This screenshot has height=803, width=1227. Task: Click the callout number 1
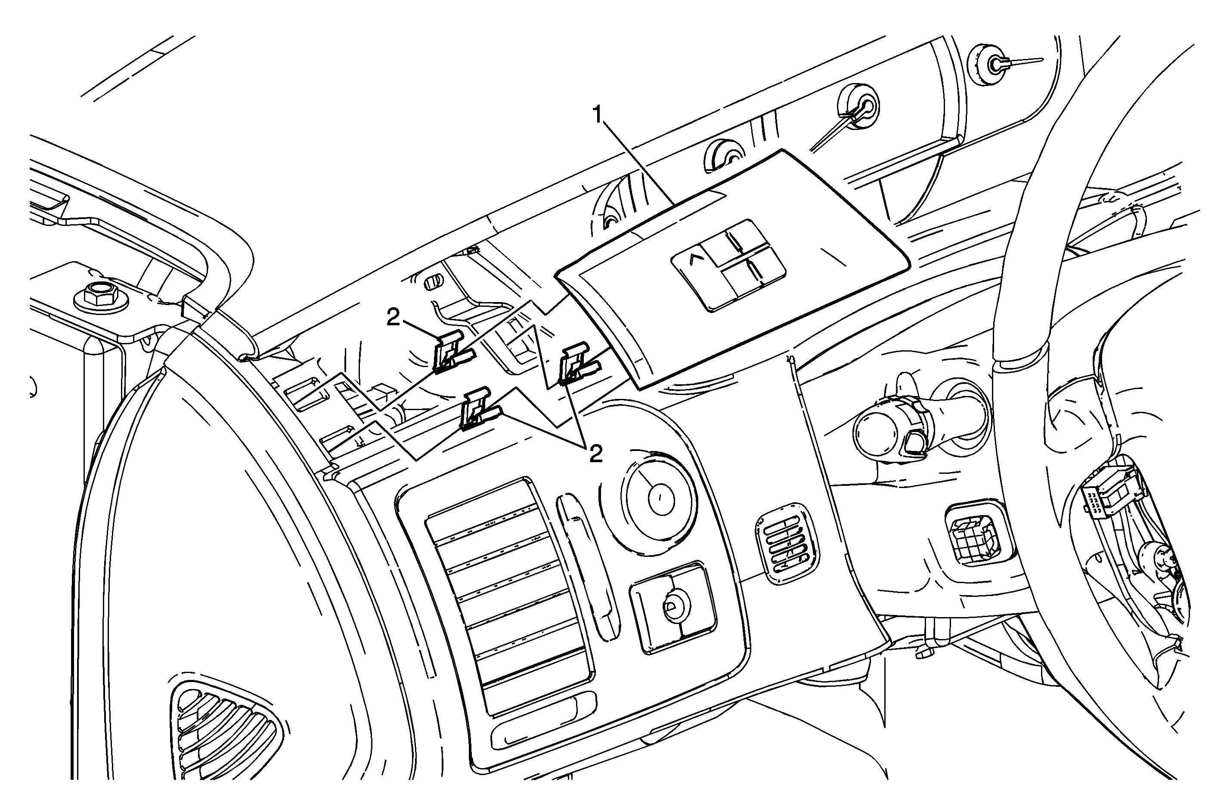tap(598, 114)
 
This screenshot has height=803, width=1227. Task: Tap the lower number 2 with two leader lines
tap(595, 454)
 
